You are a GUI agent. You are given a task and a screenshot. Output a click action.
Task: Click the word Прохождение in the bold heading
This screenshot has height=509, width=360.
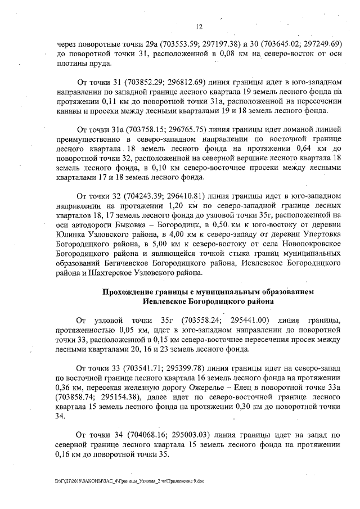pyautogui.click(x=130, y=292)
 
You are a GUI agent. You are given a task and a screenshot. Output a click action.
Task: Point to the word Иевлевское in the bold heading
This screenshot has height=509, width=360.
pyautogui.click(x=166, y=301)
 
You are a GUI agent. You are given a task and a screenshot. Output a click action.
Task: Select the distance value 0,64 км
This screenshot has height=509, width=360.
pyautogui.click(x=306, y=147)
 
